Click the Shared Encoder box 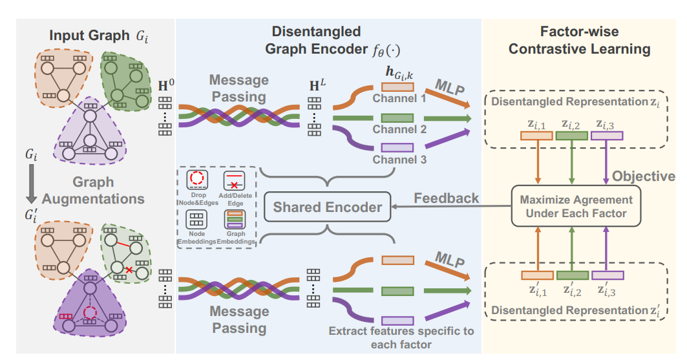(x=327, y=207)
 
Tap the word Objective (x=643, y=176)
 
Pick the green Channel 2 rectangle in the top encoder (x=397, y=118)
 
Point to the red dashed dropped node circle (x=90, y=313)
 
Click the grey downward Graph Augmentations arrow (x=29, y=177)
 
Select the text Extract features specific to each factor (x=401, y=337)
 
